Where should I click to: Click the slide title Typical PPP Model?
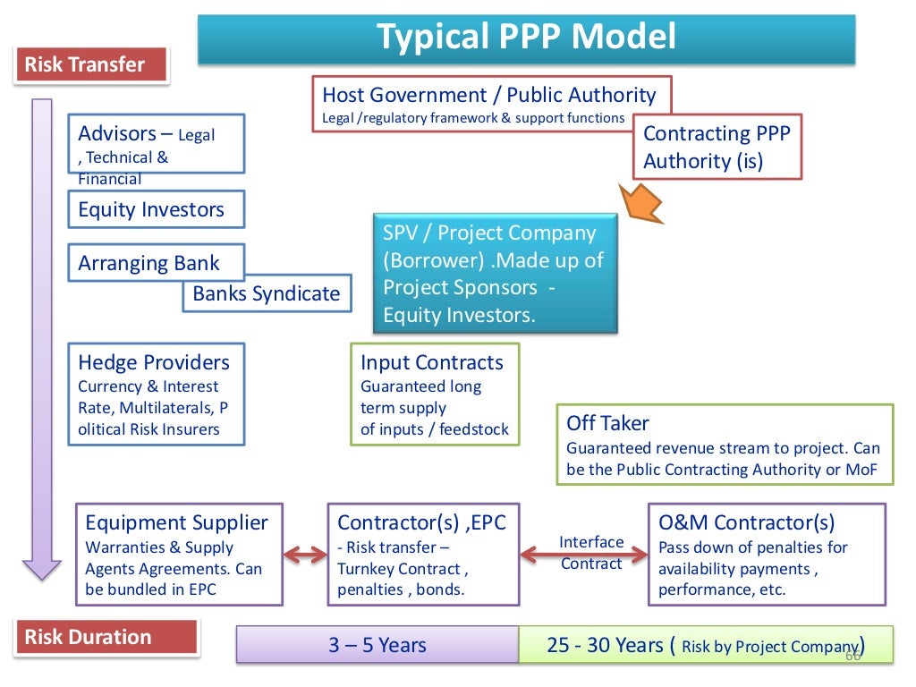pyautogui.click(x=526, y=38)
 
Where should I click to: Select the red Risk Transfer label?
pyautogui.click(x=92, y=65)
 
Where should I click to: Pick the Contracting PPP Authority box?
pyautogui.click(x=717, y=148)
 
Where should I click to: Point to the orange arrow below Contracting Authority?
pyautogui.click(x=643, y=199)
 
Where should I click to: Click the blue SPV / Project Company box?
pyautogui.click(x=495, y=274)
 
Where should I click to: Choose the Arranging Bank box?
pyautogui.click(x=148, y=264)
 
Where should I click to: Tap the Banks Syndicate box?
pyautogui.click(x=267, y=293)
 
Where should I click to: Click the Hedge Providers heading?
pyautogui.click(x=154, y=362)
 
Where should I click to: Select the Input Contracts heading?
pyautogui.click(x=432, y=362)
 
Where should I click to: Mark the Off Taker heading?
pyautogui.click(x=608, y=423)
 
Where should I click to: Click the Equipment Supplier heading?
pyautogui.click(x=176, y=522)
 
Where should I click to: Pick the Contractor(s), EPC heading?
pyautogui.click(x=421, y=522)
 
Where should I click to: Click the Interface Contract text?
pyautogui.click(x=590, y=553)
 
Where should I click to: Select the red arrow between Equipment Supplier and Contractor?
pyautogui.click(x=305, y=556)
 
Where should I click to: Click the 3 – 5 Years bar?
pyautogui.click(x=377, y=645)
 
